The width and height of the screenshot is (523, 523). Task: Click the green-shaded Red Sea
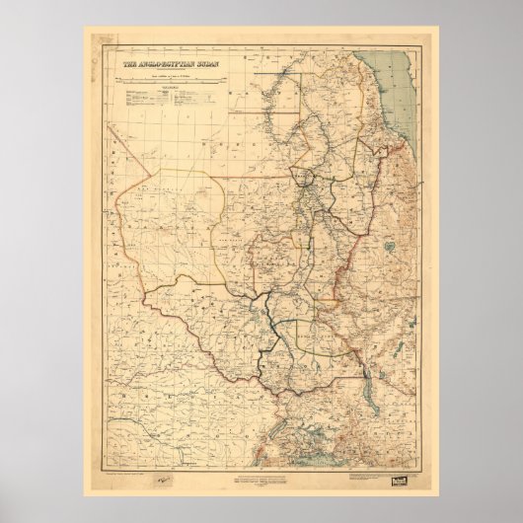click(400, 89)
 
